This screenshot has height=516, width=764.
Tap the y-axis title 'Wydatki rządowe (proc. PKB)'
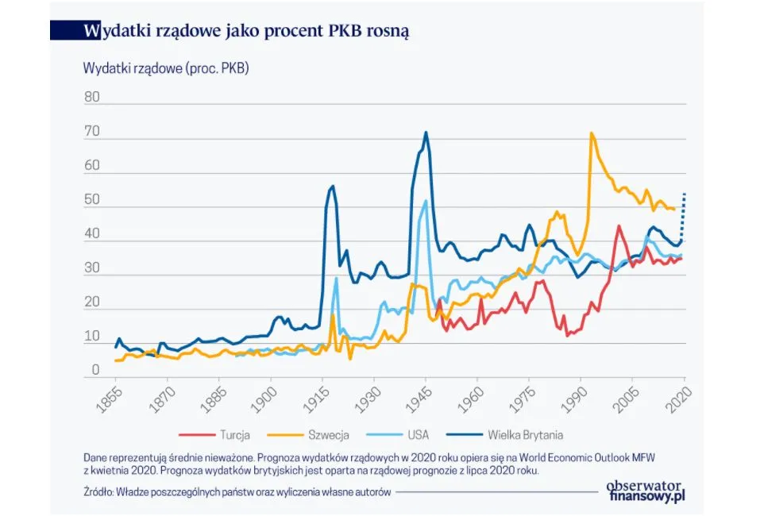click(x=166, y=68)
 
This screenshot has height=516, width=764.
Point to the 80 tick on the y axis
click(x=92, y=98)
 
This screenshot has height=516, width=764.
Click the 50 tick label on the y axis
click(x=92, y=200)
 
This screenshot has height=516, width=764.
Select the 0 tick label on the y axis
click(x=95, y=370)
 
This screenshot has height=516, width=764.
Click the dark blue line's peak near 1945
click(x=426, y=133)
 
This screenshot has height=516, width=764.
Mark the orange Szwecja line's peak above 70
click(x=591, y=133)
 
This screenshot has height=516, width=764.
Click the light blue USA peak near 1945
click(x=426, y=201)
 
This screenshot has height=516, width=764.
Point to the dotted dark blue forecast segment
click(x=683, y=214)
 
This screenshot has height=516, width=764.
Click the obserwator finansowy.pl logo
click(x=645, y=491)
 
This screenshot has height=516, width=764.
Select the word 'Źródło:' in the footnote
click(x=98, y=492)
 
